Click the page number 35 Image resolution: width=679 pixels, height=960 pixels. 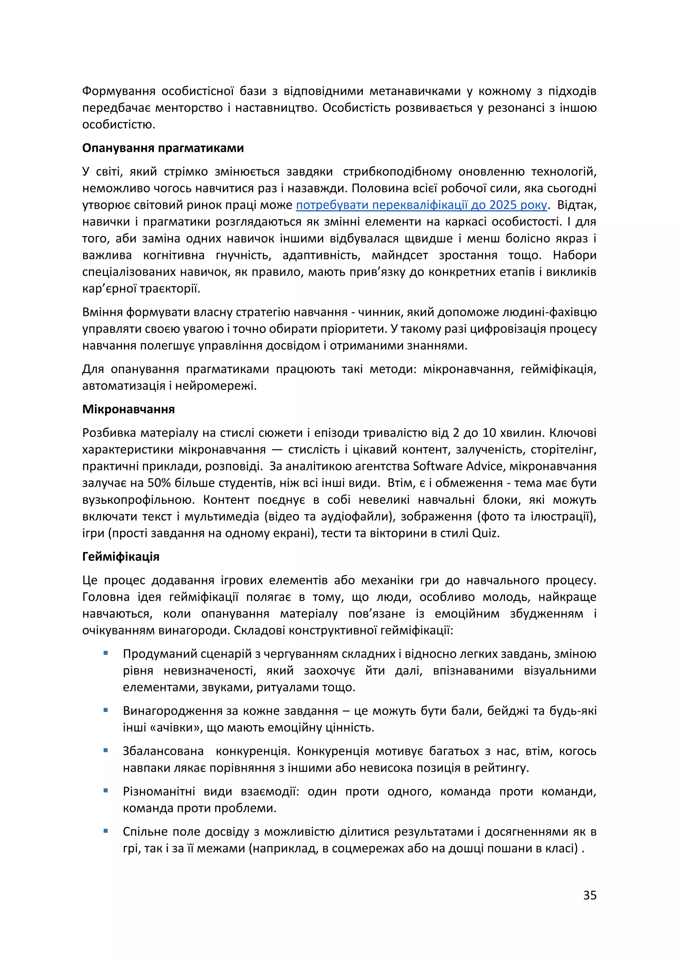(589, 895)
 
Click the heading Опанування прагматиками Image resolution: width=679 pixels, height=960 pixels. (163, 148)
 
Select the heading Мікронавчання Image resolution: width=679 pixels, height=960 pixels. (128, 409)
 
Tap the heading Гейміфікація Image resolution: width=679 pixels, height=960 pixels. (121, 557)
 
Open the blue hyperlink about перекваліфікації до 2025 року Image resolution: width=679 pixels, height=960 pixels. (421, 205)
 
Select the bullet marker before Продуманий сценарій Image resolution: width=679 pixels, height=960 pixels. (106, 653)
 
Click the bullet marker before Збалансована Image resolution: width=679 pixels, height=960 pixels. (106, 750)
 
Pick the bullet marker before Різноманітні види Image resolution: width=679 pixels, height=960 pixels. (106, 791)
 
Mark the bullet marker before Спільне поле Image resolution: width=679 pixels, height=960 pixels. (106, 831)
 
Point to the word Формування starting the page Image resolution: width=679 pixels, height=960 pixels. (119, 91)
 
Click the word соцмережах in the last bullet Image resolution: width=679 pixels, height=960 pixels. (363, 848)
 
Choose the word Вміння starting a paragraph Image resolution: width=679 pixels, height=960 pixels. (102, 312)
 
